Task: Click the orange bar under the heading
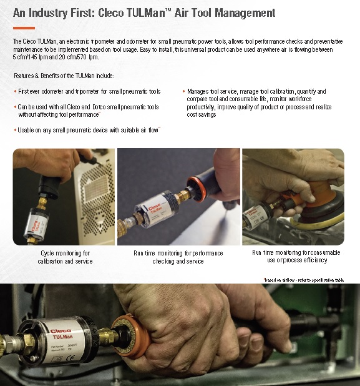coord(24,28)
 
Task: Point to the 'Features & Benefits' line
coord(64,76)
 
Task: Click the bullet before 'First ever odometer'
coord(15,92)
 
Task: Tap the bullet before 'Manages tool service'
coord(183,91)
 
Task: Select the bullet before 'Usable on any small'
coord(15,130)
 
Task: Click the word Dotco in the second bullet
coord(99,107)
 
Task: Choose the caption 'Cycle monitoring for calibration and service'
coord(65,257)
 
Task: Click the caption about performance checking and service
coord(178,257)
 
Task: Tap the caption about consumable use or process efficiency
coord(296,256)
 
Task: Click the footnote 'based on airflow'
coord(304,280)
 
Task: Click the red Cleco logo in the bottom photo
coord(61,331)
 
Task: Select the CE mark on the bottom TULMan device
coord(70,357)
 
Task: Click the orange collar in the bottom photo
coord(132,337)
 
